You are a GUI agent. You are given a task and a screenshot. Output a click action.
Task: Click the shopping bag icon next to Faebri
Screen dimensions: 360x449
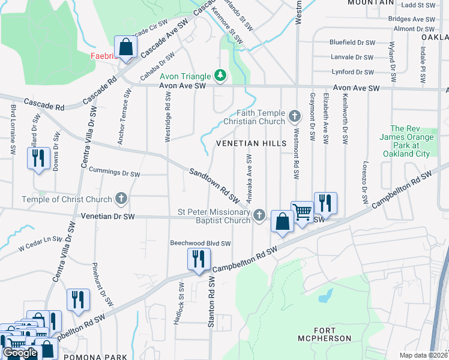[x=126, y=47]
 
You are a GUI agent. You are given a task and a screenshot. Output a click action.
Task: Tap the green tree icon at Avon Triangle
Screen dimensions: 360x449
[x=221, y=75]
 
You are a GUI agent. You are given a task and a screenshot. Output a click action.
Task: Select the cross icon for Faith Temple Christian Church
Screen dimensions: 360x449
[x=294, y=115]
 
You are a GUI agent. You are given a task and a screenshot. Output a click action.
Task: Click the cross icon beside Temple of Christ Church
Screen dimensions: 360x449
[x=121, y=198]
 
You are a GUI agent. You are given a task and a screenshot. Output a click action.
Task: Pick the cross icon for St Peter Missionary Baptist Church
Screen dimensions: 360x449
[x=259, y=214]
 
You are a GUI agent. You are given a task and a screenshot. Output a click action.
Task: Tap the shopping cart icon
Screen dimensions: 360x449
[x=302, y=211]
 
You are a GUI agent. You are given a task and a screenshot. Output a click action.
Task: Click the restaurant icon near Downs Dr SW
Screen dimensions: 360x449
[x=37, y=158]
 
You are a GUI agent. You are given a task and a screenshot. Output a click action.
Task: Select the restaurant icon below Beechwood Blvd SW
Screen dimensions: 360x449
[x=197, y=259]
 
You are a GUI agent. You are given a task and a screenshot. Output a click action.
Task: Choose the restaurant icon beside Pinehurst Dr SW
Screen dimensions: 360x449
[x=78, y=299]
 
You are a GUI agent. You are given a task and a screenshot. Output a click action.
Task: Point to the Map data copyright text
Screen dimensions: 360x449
[x=423, y=355]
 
